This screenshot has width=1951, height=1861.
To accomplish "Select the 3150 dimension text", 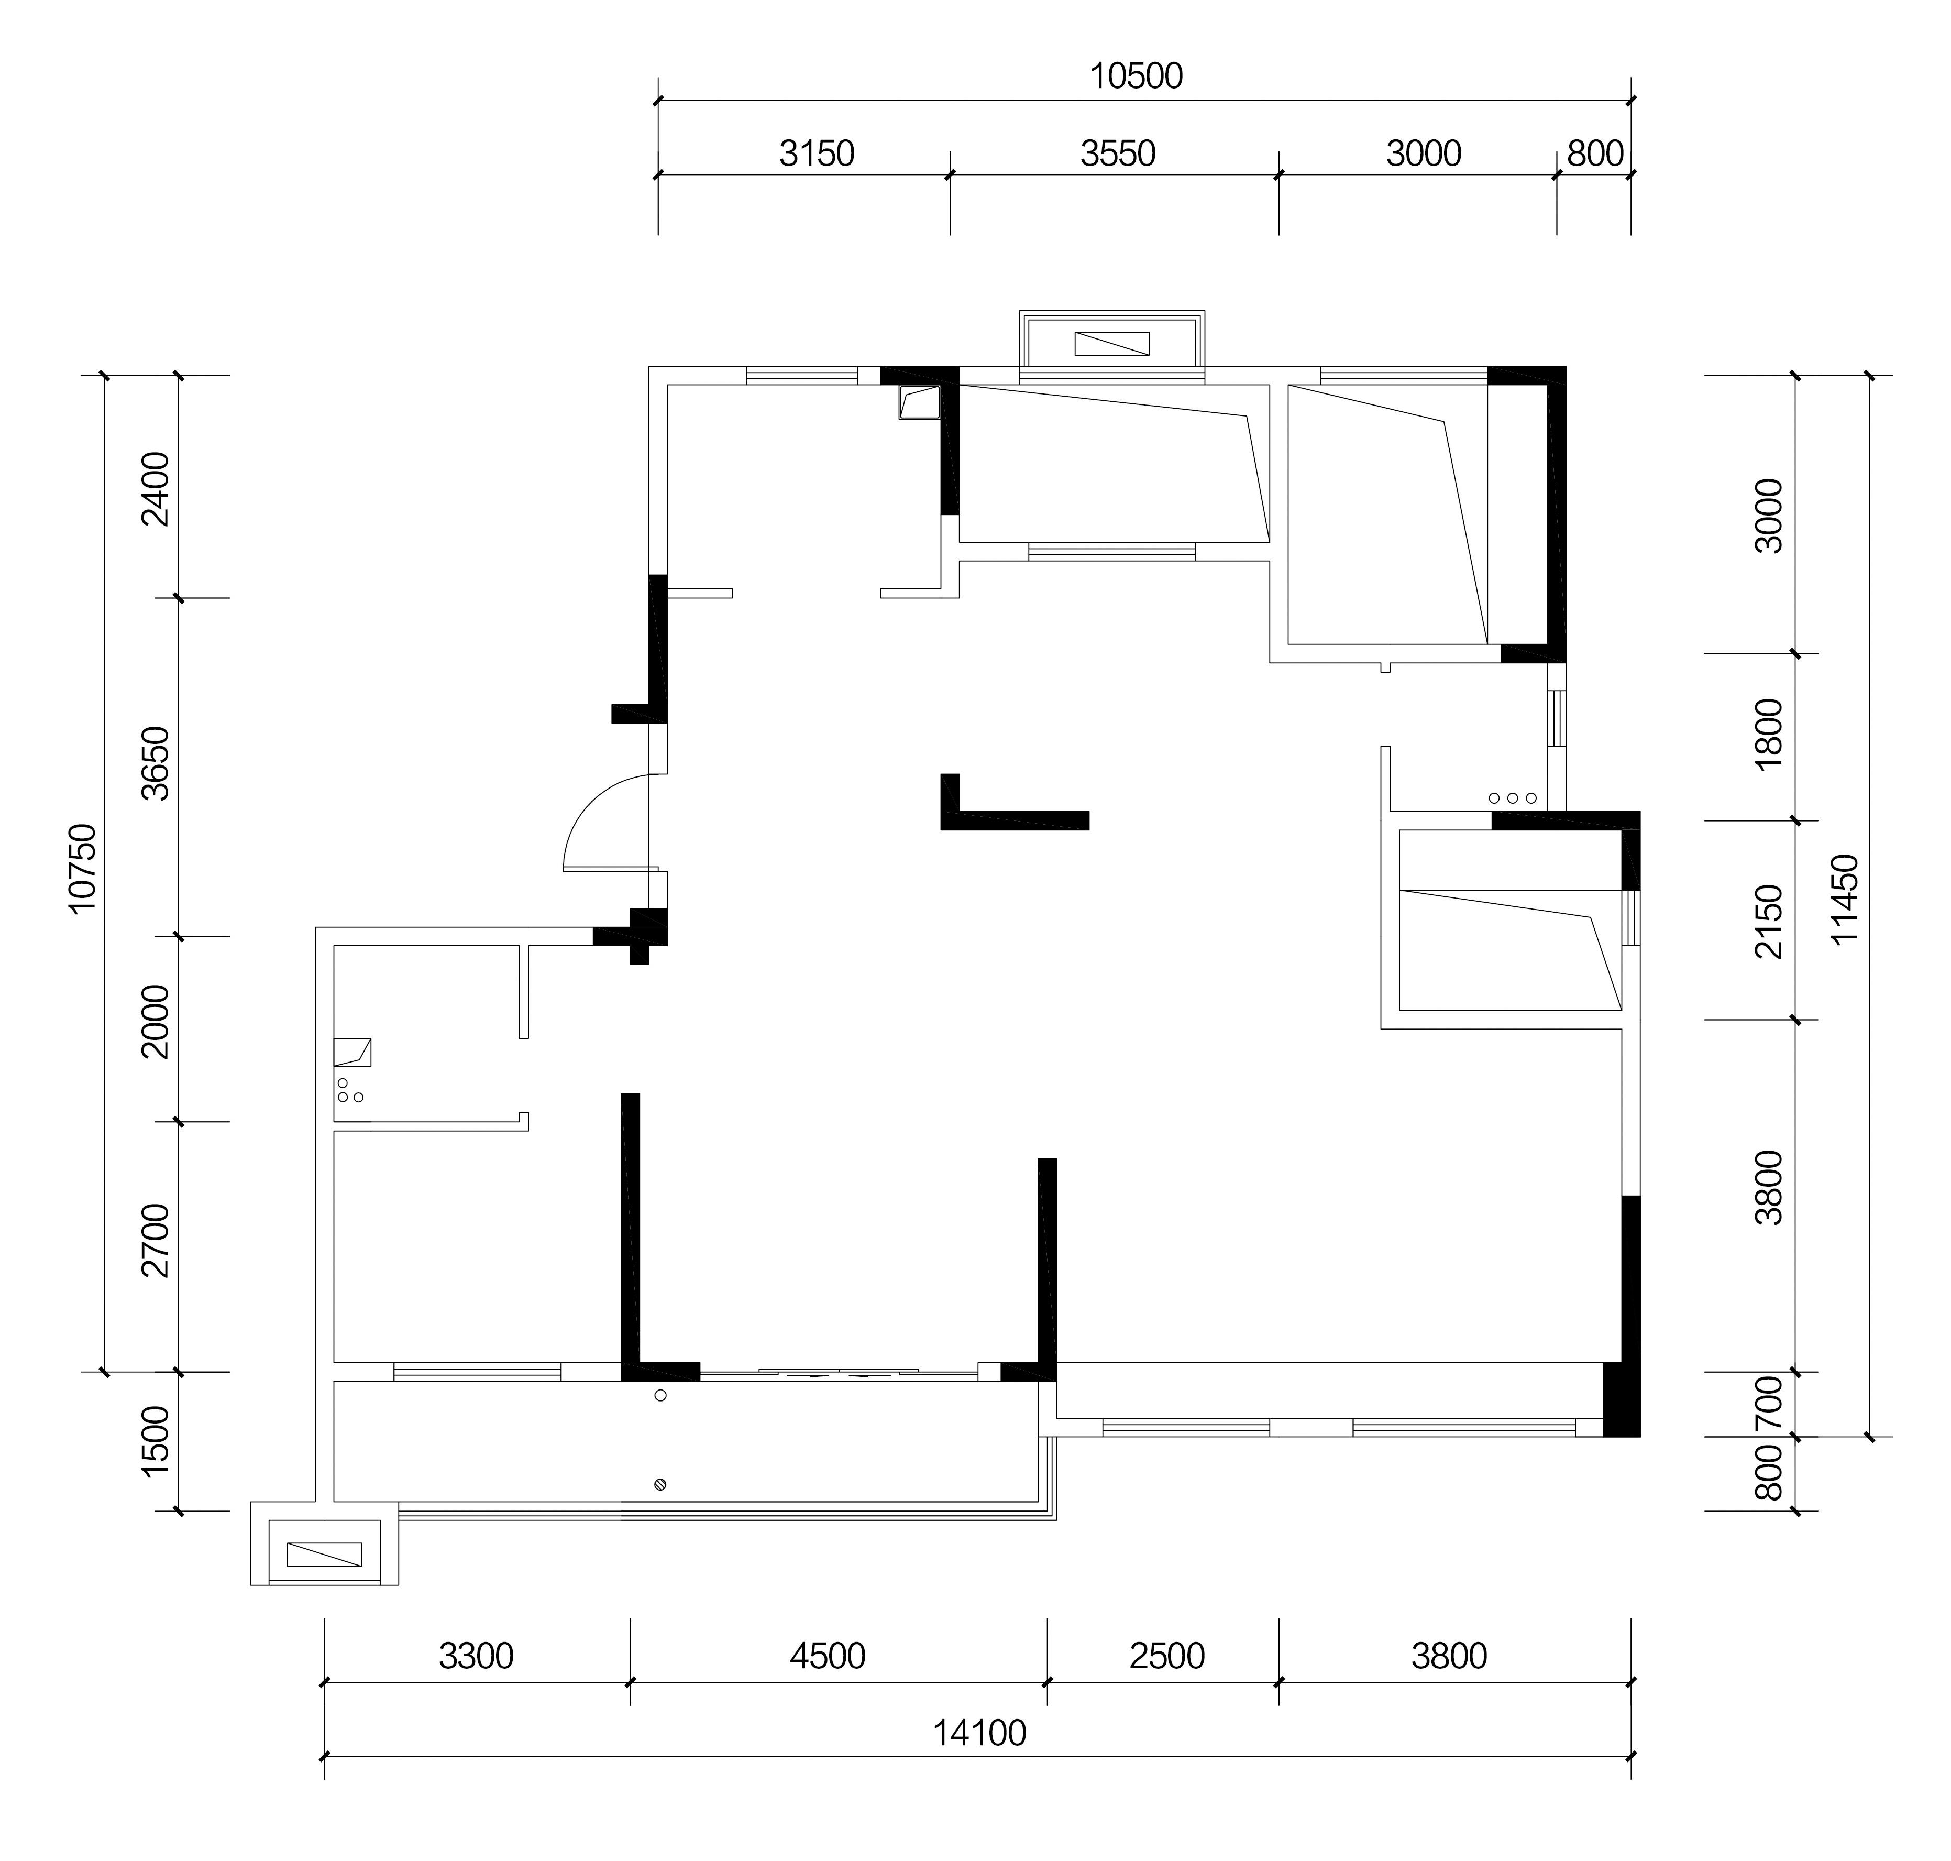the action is click(817, 154).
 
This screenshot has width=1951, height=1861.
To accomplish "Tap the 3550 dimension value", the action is click(1118, 154).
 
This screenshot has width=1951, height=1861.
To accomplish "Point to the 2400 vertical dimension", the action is click(156, 488).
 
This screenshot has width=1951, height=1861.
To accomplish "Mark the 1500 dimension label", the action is click(156, 1441).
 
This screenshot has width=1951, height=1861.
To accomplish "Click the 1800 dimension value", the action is click(1769, 734).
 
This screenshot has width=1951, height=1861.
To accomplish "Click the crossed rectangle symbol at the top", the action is click(1112, 343).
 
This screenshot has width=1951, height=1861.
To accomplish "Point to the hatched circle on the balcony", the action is click(660, 1484).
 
